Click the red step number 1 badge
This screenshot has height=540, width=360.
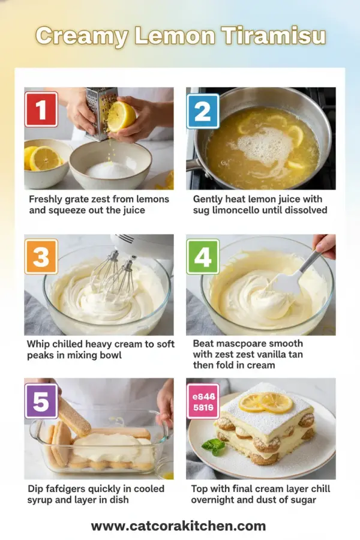coord(41,109)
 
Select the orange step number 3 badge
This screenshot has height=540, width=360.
coord(41,257)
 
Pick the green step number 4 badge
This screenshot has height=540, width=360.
coord(203,257)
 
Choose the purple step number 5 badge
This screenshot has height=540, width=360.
coord(41,401)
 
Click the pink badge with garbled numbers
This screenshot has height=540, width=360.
coord(203,401)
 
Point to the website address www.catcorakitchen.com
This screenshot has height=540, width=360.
coord(178,526)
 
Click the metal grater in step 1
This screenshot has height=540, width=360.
coord(101,111)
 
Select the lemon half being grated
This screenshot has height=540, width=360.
coord(122,115)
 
